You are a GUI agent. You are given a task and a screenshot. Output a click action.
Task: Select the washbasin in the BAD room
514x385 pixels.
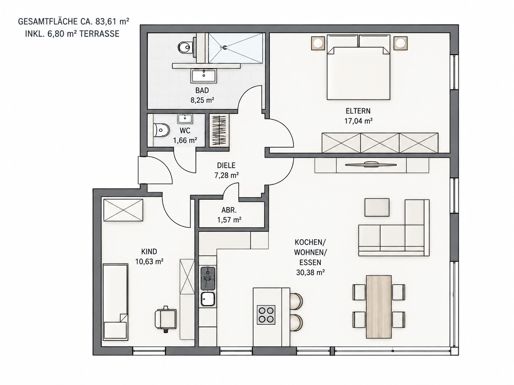tap(204, 76)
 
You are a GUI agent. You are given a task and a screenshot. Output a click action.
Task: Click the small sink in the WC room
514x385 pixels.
tap(185, 119)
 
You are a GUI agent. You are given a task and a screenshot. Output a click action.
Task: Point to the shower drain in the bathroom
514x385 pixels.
tap(225, 48)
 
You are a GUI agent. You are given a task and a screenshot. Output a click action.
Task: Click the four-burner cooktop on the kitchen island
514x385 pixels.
tap(266, 315)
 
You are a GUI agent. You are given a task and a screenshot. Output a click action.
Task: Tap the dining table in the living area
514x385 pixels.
tap(379, 306)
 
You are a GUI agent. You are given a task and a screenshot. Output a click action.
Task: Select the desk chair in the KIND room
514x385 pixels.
tap(165, 319)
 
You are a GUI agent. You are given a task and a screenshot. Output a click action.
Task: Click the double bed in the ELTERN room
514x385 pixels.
tap(358, 67)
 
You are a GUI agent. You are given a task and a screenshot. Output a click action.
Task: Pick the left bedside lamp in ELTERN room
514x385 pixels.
tap(318, 43)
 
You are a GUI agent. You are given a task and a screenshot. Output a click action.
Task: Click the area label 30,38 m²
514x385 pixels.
tap(310, 273)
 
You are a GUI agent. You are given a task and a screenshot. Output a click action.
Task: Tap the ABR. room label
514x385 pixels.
tap(229, 210)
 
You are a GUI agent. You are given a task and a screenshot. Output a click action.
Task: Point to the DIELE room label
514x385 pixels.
tap(226, 166)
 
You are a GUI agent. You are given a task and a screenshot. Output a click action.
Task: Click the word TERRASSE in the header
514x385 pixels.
tap(99, 34)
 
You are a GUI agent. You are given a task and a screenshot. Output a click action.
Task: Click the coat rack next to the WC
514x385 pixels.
tap(219, 130)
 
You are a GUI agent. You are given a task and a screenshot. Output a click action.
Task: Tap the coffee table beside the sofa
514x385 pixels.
tap(377, 207)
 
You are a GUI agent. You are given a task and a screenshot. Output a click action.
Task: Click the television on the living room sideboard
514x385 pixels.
tap(371, 164)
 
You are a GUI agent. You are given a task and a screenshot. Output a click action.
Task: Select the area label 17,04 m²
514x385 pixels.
tap(358, 121)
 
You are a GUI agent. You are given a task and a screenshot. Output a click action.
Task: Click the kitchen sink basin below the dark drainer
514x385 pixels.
tap(208, 299)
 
